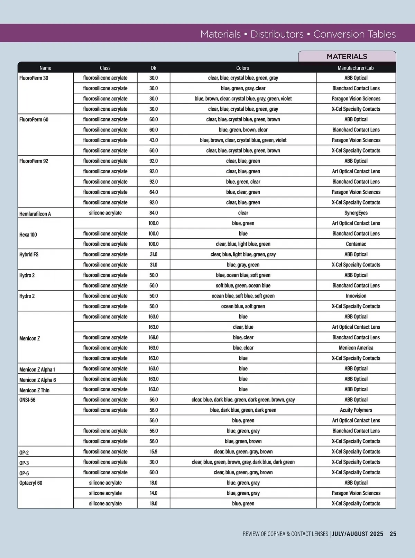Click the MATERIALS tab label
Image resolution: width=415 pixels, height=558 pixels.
[347, 56]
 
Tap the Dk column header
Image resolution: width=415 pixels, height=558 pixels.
[154, 68]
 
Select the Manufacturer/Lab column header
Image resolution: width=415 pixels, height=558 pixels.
[356, 68]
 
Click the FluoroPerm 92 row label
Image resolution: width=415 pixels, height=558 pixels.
[34, 161]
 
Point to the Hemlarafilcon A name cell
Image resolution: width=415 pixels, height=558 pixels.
[35, 214]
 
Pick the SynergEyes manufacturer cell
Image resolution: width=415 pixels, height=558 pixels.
[356, 213]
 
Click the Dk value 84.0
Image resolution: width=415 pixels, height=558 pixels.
[154, 213]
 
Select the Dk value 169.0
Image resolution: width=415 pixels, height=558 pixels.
[154, 337]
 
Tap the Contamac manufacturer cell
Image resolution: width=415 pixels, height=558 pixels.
[356, 244]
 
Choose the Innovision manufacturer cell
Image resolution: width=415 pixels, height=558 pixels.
[356, 296]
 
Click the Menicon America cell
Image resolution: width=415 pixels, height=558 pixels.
[356, 348]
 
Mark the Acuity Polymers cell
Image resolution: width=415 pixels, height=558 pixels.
[356, 410]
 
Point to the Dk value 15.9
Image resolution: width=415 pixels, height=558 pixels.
[154, 451]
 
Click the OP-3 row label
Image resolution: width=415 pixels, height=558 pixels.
[24, 463]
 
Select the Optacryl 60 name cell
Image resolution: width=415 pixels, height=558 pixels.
[31, 483]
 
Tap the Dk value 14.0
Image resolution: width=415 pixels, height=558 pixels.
[154, 493]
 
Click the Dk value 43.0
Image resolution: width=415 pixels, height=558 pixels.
[154, 140]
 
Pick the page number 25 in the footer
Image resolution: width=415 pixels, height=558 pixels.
[393, 534]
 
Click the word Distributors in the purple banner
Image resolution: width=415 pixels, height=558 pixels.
[277, 34]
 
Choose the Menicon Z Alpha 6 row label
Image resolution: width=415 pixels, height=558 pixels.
[37, 380]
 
